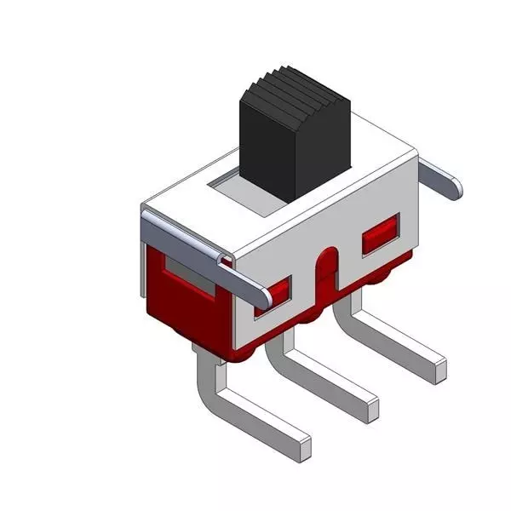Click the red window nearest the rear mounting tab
point(381,236)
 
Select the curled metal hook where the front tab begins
point(223,257)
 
